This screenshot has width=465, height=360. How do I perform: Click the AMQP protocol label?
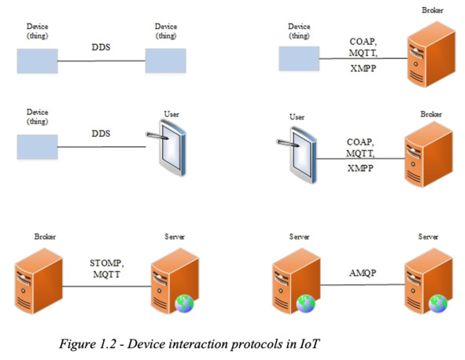coord(363,273)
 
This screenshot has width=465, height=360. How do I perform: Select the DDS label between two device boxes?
coord(101,47)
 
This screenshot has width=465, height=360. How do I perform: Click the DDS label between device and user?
coord(101,134)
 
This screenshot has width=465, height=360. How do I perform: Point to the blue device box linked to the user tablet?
coord(37,147)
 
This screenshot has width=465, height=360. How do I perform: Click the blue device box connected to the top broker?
coord(299,58)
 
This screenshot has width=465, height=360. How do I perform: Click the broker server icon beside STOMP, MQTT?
coord(39,281)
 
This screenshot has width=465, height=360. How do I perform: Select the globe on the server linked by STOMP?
coord(184,303)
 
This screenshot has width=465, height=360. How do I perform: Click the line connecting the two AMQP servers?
coord(363,285)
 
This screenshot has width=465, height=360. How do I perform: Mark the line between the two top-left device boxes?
coord(101,61)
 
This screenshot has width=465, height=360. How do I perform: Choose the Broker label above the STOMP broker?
coord(45,237)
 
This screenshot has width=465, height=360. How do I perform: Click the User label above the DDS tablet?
coord(172,114)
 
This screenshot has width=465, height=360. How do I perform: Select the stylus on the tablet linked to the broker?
coord(288,143)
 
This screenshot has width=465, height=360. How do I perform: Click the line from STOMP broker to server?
coord(107,286)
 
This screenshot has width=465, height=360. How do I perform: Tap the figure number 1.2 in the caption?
coord(107,343)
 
